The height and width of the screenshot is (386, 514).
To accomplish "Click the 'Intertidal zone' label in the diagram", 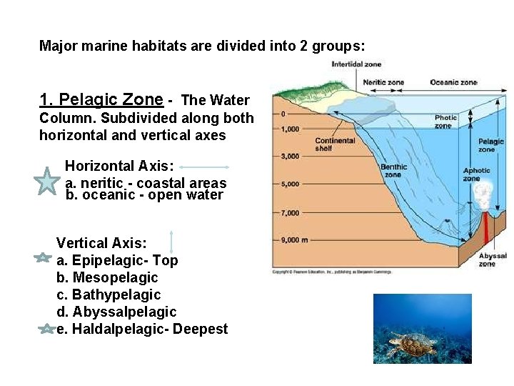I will tap(356, 64).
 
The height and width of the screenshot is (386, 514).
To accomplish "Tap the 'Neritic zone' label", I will tap(383, 82).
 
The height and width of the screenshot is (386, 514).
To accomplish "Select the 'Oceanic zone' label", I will tap(453, 82).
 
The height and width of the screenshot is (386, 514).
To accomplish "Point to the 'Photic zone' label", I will tap(446, 122).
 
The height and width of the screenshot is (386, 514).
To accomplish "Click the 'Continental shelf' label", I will tap(335, 144).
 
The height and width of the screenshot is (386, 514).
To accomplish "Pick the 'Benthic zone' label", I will tap(393, 171).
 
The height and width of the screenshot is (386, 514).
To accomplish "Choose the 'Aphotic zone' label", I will tap(477, 174).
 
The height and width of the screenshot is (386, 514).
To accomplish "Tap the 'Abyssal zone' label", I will tap(493, 259).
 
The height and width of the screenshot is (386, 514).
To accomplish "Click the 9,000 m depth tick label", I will tap(295, 240).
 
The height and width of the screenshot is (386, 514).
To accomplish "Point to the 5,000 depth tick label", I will tap(291, 184).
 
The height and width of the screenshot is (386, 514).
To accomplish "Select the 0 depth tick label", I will tap(283, 114).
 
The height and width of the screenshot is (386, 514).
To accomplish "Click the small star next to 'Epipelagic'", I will tap(42, 258).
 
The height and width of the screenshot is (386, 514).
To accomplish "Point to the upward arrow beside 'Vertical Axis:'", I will tap(172, 242).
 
